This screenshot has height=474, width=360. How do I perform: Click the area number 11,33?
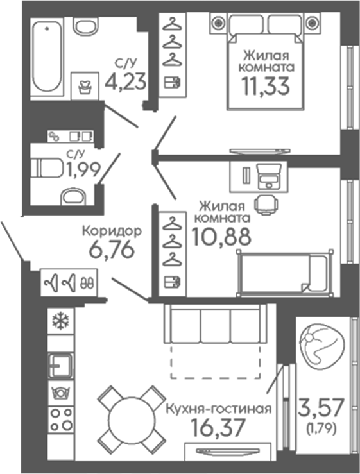click(x=265, y=85)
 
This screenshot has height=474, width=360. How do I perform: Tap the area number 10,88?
click(x=221, y=236)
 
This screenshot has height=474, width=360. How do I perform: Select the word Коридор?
click(x=112, y=232)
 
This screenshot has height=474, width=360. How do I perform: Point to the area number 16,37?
click(x=218, y=427)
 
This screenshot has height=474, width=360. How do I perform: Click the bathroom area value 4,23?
click(x=126, y=81)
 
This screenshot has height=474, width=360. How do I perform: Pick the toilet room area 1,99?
click(x=84, y=169)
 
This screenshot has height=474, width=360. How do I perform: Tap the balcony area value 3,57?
click(x=321, y=407)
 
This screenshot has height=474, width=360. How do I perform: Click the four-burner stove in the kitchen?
click(x=61, y=419)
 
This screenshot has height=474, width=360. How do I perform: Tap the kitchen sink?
click(x=61, y=366)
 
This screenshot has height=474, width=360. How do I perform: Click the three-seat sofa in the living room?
click(x=216, y=324)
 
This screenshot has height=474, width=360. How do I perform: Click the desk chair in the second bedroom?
click(x=266, y=205)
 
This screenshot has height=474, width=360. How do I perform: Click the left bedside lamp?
click(x=218, y=22)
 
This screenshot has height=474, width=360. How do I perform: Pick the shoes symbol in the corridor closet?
click(x=87, y=283)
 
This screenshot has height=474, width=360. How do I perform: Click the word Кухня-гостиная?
click(x=219, y=409)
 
